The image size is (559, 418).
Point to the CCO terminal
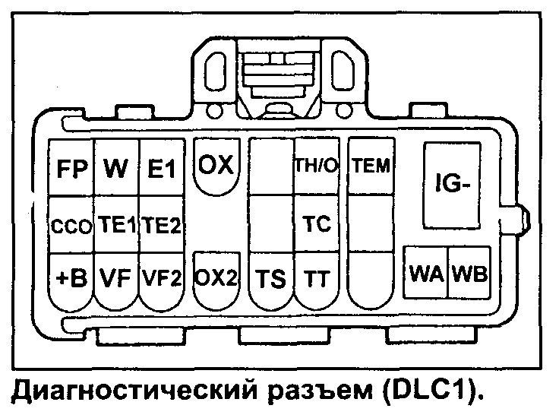click(71, 226)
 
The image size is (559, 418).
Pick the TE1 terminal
click(115, 225)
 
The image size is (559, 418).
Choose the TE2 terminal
click(161, 225)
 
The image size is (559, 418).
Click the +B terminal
click(71, 279)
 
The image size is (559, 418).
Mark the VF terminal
click(115, 279)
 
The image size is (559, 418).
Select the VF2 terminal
click(161, 279)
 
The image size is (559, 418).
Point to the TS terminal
click(271, 279)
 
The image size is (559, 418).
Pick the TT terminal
click(315, 279)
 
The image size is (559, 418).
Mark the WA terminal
click(425, 273)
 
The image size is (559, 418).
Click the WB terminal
click(469, 273)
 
